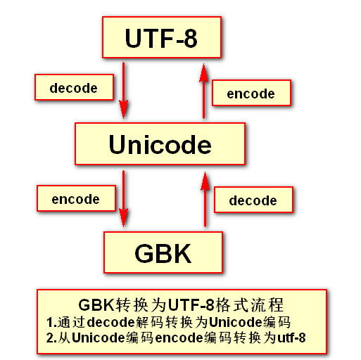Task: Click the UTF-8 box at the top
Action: [x=162, y=37]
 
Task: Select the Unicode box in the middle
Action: [x=160, y=143]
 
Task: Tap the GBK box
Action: [x=163, y=252]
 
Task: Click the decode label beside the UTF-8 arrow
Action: [x=74, y=87]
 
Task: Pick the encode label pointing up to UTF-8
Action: [x=251, y=93]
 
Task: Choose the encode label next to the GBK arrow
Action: [x=76, y=198]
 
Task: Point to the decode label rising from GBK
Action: [x=253, y=200]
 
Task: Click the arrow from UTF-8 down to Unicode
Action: [x=123, y=91]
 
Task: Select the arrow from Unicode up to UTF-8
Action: [x=203, y=91]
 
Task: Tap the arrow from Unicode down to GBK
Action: [x=123, y=199]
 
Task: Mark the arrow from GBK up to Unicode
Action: [x=205, y=199]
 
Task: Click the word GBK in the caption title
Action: [x=96, y=305]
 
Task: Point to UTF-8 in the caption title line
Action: [x=191, y=305]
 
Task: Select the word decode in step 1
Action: [x=110, y=322]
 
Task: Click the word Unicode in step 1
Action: [x=235, y=322]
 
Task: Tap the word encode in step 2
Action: [x=179, y=337]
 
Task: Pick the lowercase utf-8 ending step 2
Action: [x=291, y=337]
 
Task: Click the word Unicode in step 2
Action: [x=98, y=337]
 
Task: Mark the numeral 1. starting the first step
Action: [x=51, y=322]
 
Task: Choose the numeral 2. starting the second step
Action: [x=51, y=337]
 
